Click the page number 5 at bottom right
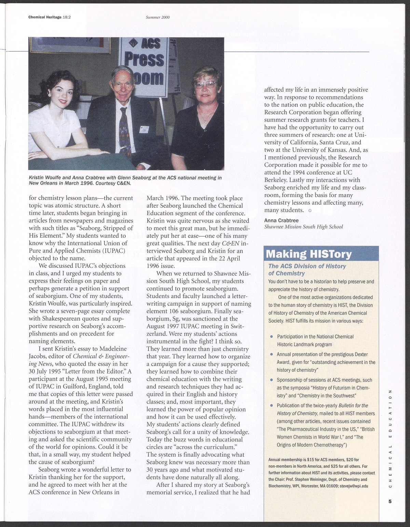(x=389, y=502)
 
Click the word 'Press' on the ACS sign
(x=143, y=60)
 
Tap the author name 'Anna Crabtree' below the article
(x=281, y=221)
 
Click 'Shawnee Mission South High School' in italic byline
(x=303, y=227)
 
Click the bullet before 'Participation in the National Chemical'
(x=272, y=337)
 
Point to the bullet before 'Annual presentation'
(x=272, y=354)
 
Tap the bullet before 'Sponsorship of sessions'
(x=272, y=380)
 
